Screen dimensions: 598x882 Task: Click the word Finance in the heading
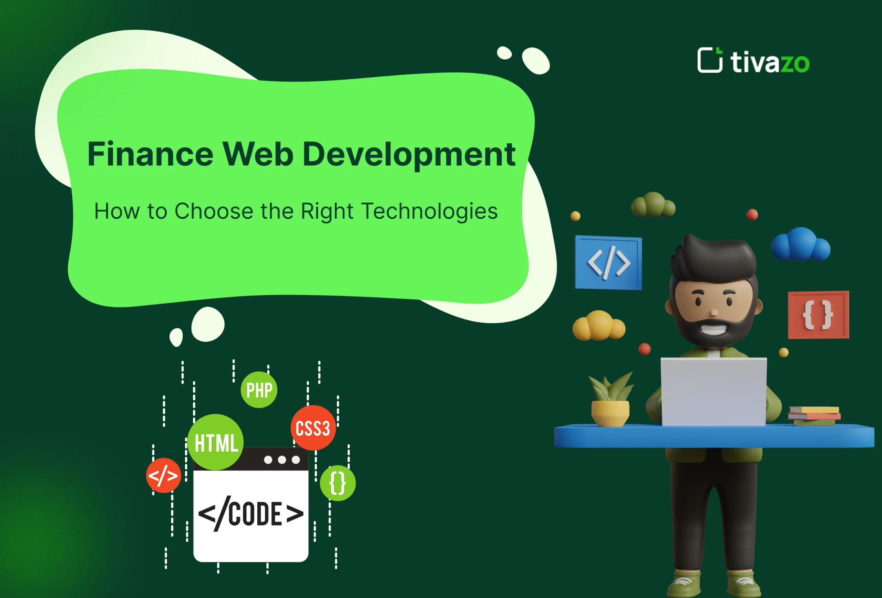150,154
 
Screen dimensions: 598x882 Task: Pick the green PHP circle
259,390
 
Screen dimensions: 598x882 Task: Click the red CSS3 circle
313,428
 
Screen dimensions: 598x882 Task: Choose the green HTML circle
216,442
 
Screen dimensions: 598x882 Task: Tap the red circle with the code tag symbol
163,475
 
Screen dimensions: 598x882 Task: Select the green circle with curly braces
338,483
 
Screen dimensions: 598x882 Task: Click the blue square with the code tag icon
608,262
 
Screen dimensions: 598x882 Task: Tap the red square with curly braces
818,315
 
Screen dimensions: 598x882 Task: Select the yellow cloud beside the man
599,326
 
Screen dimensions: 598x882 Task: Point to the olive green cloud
653,205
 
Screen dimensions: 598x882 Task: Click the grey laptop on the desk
714,391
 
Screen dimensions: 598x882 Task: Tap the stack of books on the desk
814,415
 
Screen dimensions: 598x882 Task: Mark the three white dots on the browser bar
281,460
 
